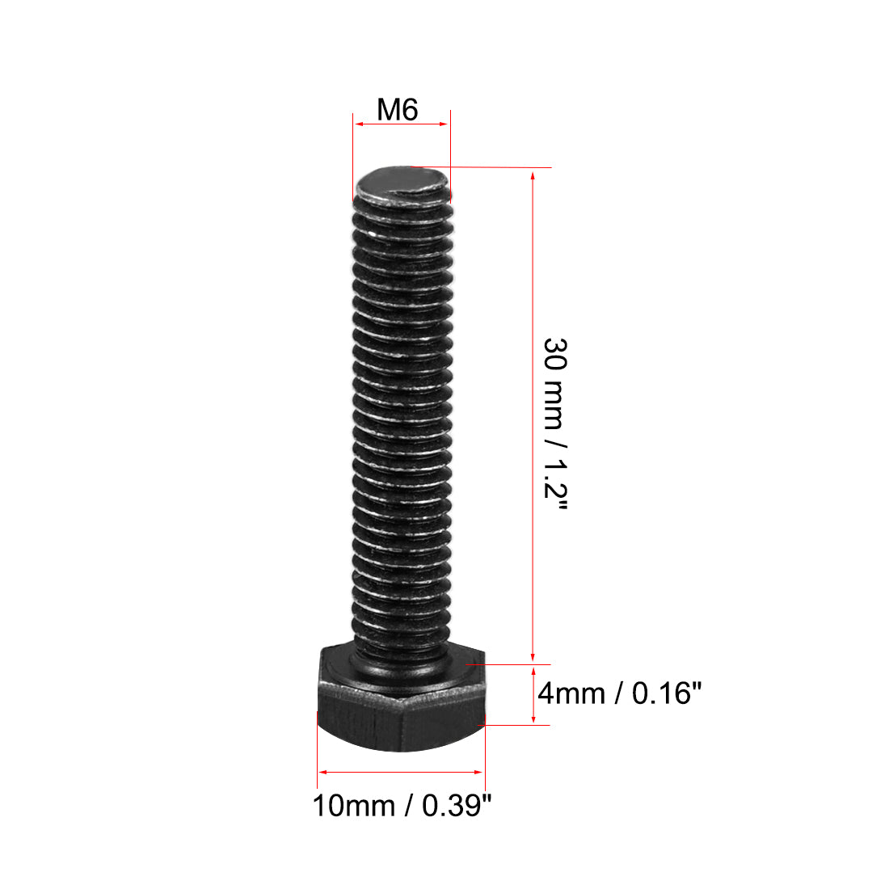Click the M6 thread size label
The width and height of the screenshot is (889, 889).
[398, 109]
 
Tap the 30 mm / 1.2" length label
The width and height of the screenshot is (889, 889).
[556, 424]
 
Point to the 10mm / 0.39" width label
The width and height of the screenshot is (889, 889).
[402, 805]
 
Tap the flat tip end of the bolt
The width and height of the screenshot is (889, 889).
[402, 184]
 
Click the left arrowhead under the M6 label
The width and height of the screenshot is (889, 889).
[359, 124]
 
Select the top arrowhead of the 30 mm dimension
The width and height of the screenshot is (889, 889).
[533, 174]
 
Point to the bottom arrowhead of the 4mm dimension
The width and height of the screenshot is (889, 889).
[533, 718]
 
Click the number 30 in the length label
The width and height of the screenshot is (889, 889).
[556, 354]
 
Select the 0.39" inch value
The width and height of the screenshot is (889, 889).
[458, 805]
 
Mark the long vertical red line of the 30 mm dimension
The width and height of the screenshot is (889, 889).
[533, 404]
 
